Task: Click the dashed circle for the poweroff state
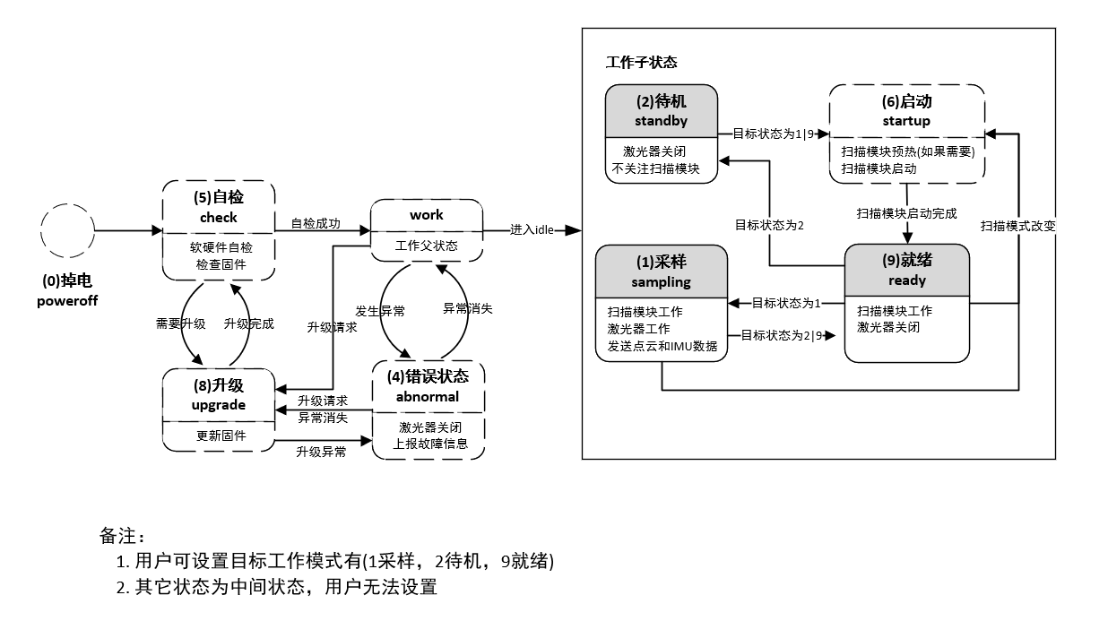(41, 230)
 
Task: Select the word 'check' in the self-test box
(218, 218)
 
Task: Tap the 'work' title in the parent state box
(427, 215)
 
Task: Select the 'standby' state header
(662, 111)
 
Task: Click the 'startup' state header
(906, 111)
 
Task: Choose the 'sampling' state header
(662, 272)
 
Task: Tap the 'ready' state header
(906, 271)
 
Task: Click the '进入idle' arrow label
(532, 230)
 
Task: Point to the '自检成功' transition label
(316, 223)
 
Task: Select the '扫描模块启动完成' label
(906, 213)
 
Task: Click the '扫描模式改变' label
(1018, 227)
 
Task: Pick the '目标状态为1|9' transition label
(773, 134)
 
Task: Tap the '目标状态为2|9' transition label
(782, 336)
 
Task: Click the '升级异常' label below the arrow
(321, 452)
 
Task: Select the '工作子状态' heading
(642, 63)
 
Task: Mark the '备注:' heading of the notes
(123, 536)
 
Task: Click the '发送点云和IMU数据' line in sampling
(662, 346)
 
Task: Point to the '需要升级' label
(180, 323)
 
